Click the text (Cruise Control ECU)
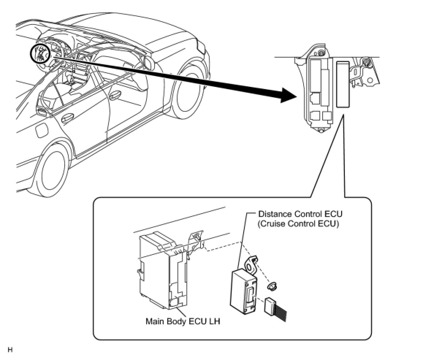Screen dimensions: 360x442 (x=298, y=224)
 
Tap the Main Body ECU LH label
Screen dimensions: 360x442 (x=183, y=322)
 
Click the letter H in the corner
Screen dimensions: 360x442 (x=10, y=350)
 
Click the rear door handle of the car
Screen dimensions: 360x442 (x=67, y=118)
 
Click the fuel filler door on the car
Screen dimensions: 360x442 (x=39, y=130)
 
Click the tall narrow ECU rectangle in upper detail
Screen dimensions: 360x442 (x=343, y=84)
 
